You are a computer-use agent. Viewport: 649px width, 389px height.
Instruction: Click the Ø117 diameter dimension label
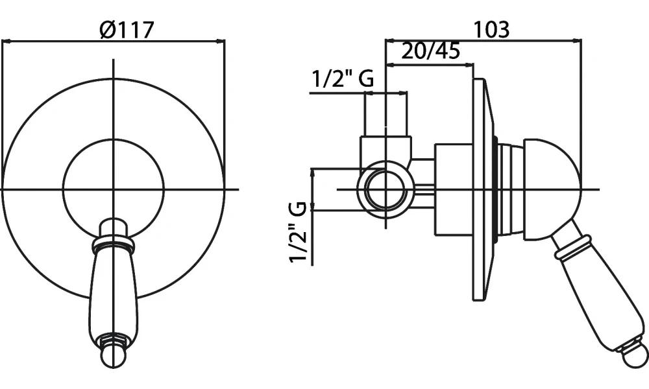pos(128,29)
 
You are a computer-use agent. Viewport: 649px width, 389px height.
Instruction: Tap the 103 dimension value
pos(491,29)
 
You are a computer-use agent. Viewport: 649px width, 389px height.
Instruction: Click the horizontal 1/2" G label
pos(343,80)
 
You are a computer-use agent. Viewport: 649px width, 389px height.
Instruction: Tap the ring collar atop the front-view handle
pos(114,244)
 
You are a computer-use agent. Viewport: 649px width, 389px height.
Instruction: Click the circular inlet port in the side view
pos(387,189)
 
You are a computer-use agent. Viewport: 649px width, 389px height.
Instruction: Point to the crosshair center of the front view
pos(114,189)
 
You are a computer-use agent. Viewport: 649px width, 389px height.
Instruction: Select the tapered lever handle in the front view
pos(114,292)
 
